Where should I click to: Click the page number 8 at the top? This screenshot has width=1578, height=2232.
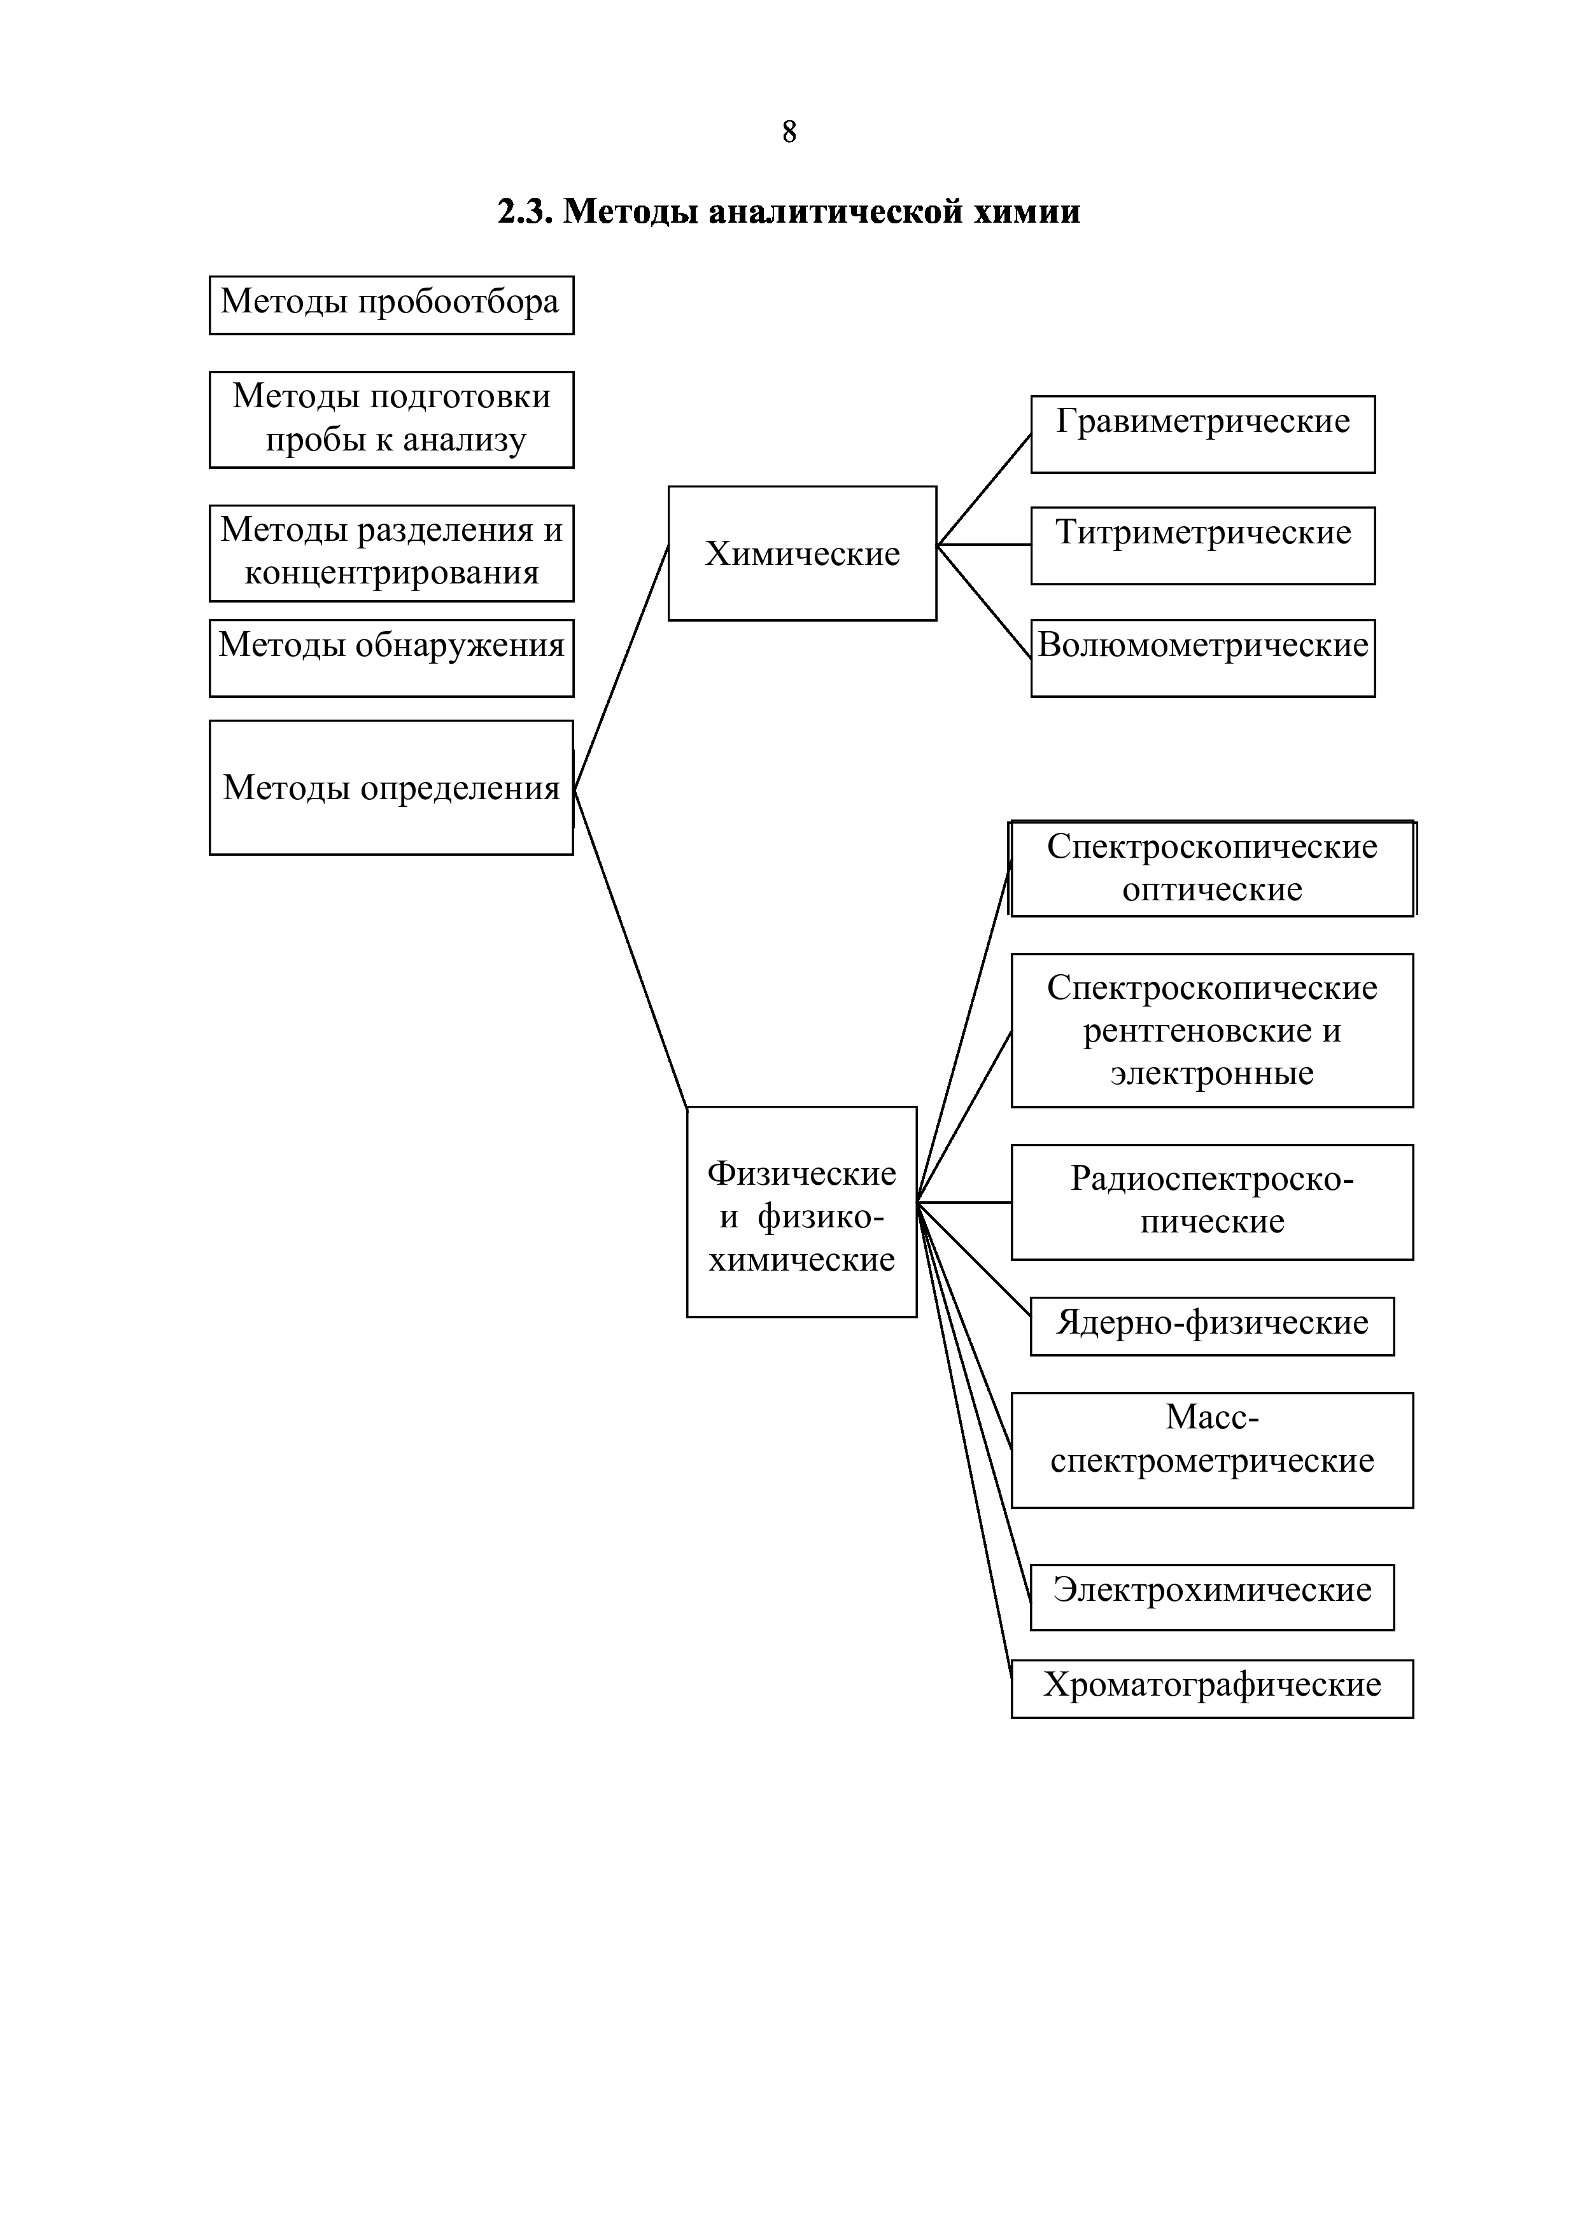click(789, 132)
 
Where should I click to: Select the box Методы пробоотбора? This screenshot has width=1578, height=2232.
click(391, 304)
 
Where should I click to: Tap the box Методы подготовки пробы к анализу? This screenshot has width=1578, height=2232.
click(391, 419)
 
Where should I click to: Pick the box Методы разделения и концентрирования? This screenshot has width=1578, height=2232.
click(391, 552)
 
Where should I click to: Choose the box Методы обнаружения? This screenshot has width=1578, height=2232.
click(391, 657)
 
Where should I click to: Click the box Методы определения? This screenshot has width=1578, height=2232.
click(391, 788)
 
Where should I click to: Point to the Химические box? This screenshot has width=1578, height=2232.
click(802, 553)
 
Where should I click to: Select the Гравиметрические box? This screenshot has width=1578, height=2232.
click(1202, 433)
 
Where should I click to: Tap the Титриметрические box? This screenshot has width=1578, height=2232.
click(1202, 545)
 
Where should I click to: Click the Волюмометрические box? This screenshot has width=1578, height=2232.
click(1202, 657)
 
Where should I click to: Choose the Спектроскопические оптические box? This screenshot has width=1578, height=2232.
click(1211, 868)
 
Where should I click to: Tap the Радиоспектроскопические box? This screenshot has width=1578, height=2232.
click(1211, 1201)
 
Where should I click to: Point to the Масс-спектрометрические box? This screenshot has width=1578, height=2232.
click(1211, 1449)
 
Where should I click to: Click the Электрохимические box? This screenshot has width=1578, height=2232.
click(1211, 1596)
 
